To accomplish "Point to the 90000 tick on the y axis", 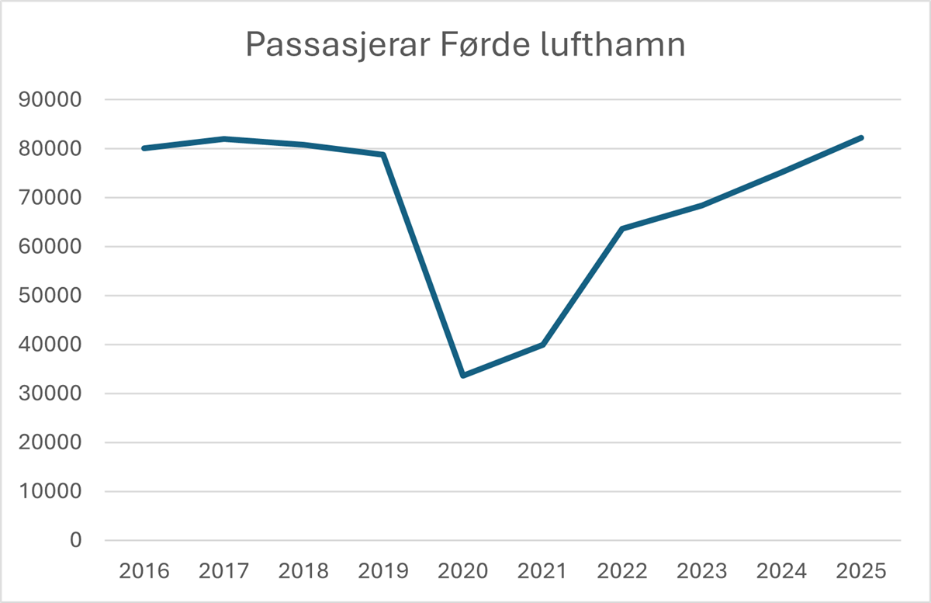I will [54, 100].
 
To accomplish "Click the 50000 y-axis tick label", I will [54, 296].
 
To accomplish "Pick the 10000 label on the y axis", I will [54, 491].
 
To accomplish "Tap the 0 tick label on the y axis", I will [75, 540].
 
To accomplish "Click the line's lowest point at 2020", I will [463, 376].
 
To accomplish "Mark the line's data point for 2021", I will [543, 345].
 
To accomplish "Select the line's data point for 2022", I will [622, 229].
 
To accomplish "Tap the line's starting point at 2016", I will [144, 148].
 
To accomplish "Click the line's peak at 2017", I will [224, 139].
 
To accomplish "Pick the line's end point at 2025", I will [860, 138].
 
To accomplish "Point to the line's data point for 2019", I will [383, 155].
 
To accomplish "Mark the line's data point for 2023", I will [702, 206].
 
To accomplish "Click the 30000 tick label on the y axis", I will [54, 393].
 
